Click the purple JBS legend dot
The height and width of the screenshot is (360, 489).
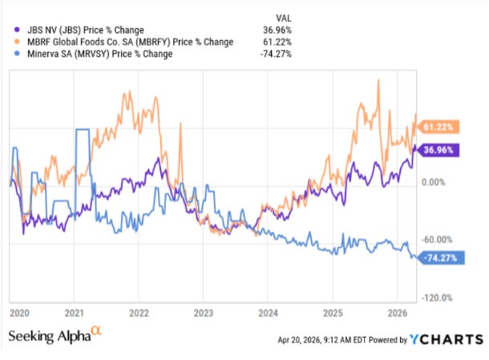[x=17, y=30]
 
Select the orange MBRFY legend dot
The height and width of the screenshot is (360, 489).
[x=17, y=42]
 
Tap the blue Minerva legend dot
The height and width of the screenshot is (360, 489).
[x=17, y=54]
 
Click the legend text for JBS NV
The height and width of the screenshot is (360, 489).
[x=86, y=30]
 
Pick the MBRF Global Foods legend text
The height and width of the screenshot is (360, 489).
[x=131, y=42]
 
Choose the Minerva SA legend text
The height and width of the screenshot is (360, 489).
[x=99, y=54]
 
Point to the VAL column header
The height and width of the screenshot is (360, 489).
[x=284, y=18]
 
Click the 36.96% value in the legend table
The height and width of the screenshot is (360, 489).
[x=277, y=30]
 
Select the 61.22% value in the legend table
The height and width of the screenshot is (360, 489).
[x=277, y=42]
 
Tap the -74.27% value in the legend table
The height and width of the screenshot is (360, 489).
[x=276, y=54]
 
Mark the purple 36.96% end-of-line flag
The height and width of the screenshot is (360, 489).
[x=438, y=150]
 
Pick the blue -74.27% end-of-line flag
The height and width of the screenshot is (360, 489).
[x=441, y=258]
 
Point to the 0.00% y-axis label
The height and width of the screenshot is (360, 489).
[x=434, y=182]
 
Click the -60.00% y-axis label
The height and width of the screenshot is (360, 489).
[x=437, y=240]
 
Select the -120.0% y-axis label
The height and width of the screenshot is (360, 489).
[x=437, y=298]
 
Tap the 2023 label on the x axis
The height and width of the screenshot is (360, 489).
[x=204, y=313]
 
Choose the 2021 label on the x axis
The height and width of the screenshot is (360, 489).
[x=75, y=313]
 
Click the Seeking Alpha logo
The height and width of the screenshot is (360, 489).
[x=55, y=334]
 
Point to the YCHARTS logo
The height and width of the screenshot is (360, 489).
[x=447, y=339]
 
